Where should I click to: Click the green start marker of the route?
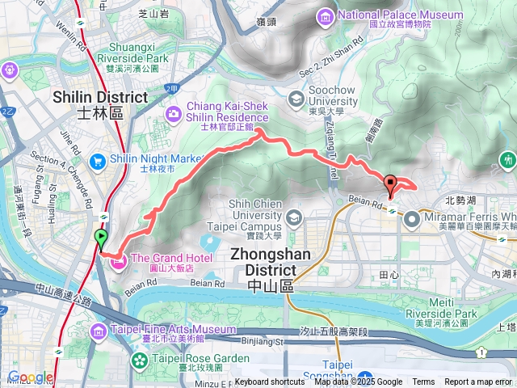pyautogui.click(x=101, y=238)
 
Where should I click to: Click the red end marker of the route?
pyautogui.click(x=390, y=184)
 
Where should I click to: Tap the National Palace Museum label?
pyautogui.click(x=389, y=14)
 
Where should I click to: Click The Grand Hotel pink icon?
pyautogui.click(x=117, y=260)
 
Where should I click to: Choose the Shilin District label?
pyautogui.click(x=100, y=98)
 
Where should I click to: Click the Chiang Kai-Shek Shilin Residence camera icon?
pyautogui.click(x=173, y=114)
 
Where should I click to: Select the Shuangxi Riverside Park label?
pyautogui.click(x=132, y=58)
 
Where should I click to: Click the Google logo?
pyautogui.click(x=31, y=377)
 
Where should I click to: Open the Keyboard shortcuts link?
pyautogui.click(x=270, y=382)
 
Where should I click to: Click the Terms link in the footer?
pyautogui.click(x=423, y=382)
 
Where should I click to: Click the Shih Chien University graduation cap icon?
pyautogui.click(x=292, y=217)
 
